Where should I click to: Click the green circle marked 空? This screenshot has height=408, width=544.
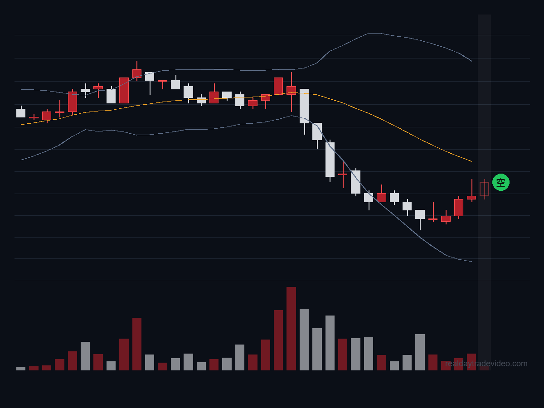click(500, 182)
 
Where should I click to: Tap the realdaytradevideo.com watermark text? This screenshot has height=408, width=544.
click(486, 364)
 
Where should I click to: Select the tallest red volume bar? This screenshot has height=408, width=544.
click(291, 329)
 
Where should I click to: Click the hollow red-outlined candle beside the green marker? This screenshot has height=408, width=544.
click(484, 189)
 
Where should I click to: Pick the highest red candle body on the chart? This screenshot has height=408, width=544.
click(137, 73)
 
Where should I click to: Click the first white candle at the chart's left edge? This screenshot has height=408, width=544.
click(21, 113)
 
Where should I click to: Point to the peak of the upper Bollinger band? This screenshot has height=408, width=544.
click(374, 33)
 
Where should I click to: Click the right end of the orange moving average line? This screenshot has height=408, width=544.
click(471, 161)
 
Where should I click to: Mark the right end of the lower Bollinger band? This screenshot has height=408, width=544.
click(471, 262)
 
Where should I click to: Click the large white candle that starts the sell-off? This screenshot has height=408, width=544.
click(304, 106)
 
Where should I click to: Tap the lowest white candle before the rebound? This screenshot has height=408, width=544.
click(420, 214)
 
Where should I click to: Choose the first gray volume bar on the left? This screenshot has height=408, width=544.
click(21, 369)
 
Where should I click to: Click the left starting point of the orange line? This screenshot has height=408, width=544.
click(21, 125)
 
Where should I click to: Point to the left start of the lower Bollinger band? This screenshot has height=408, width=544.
click(21, 160)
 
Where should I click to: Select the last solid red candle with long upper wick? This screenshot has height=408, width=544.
click(471, 198)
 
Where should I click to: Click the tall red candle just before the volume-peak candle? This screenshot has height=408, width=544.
click(278, 86)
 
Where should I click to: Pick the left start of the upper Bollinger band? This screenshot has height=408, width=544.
click(21, 89)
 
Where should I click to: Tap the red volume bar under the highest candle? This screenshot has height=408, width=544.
click(137, 344)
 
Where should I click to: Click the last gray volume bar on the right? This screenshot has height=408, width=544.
click(420, 352)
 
